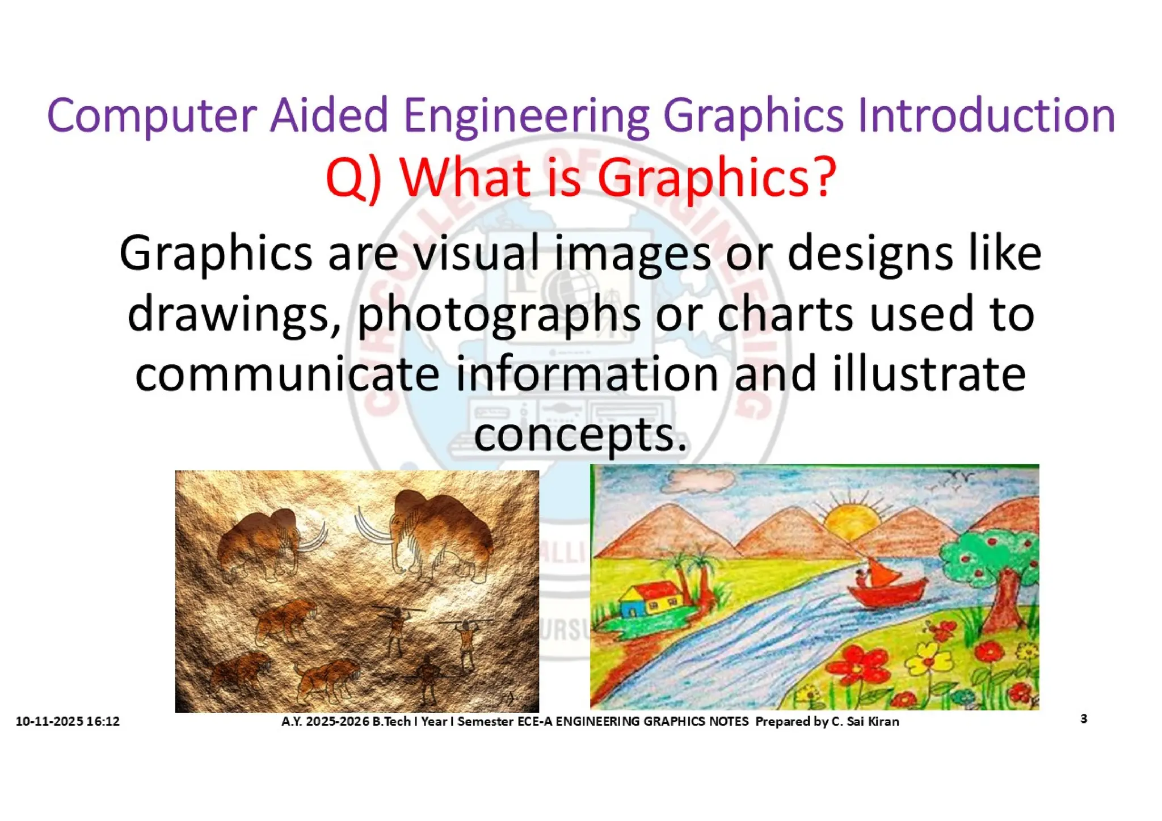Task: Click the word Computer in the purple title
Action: click(151, 116)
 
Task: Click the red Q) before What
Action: click(353, 178)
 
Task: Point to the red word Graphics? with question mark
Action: click(717, 178)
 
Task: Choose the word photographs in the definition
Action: click(499, 315)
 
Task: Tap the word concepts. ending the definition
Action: click(580, 435)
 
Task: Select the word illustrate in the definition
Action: click(929, 374)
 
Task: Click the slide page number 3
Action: click(1084, 719)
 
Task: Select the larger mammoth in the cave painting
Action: click(437, 531)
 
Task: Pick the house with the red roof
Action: click(651, 600)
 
